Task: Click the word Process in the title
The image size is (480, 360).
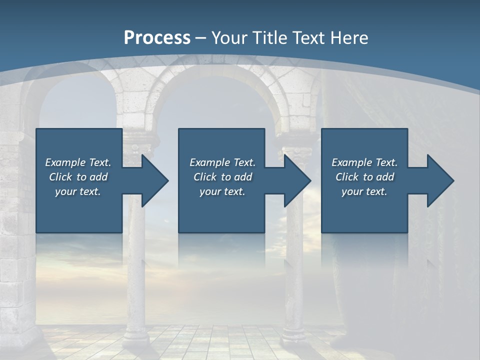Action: click(157, 38)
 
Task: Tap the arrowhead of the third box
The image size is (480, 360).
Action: click(439, 180)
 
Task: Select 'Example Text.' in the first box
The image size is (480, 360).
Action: click(78, 162)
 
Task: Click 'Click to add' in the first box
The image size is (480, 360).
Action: click(78, 177)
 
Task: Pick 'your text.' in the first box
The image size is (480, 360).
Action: click(78, 191)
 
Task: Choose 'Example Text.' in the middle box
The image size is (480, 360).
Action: click(222, 162)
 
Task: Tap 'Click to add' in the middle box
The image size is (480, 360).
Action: click(222, 177)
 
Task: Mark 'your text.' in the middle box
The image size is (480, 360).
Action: click(222, 191)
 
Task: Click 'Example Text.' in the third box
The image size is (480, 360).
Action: click(364, 162)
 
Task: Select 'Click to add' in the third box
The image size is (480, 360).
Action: click(364, 177)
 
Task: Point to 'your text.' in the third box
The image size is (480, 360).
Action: click(364, 191)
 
